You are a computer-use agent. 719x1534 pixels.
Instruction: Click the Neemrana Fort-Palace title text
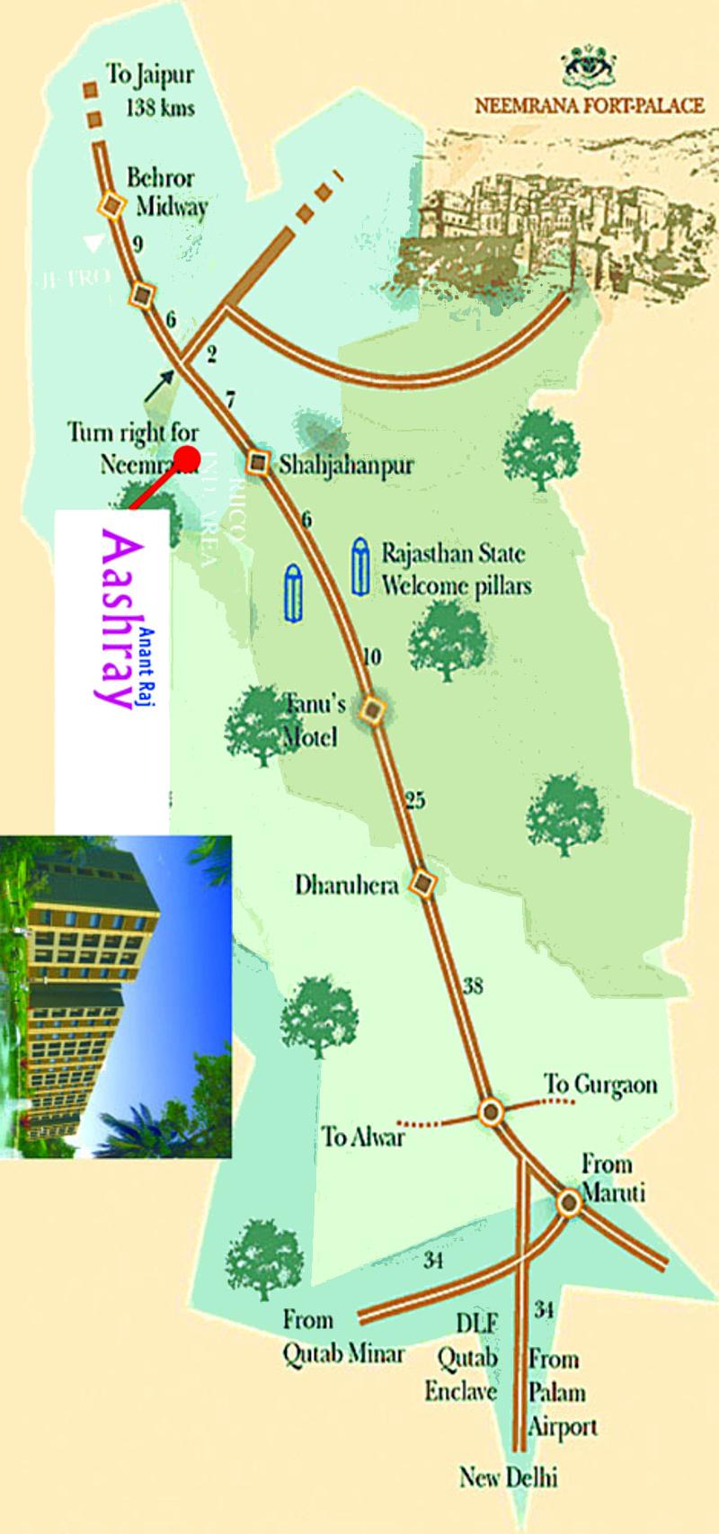point(589,106)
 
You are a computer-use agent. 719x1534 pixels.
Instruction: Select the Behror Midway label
point(166,192)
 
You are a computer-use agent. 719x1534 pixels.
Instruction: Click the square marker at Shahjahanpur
point(259,463)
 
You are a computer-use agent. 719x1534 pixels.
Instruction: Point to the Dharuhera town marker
point(422,884)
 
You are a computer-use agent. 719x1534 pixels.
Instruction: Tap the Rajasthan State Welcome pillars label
point(455,569)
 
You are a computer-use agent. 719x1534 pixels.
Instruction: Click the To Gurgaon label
point(599,1085)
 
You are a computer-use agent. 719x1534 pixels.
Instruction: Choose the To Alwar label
point(363,1137)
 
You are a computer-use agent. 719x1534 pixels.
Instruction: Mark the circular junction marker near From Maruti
point(568,1202)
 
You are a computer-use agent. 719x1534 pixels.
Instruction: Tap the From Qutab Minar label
point(343,1336)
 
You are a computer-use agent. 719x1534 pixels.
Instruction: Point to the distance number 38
point(473,986)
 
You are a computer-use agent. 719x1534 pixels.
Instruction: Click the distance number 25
point(414,799)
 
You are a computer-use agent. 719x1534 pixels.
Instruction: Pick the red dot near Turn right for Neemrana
point(187,458)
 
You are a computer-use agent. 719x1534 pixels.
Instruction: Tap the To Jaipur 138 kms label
point(150,90)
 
